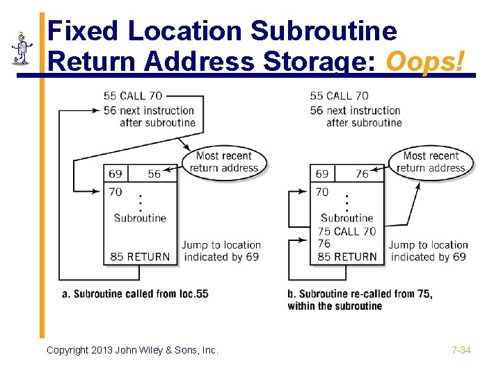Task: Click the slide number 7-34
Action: pos(461,350)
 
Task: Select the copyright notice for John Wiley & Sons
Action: pos(132,350)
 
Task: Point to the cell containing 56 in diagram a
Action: pos(154,174)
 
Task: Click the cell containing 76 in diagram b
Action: pos(362,174)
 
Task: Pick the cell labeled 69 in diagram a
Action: pos(116,174)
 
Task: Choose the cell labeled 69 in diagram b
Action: pos(322,174)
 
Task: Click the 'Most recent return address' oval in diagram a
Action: pos(224,162)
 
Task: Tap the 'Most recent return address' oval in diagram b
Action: pos(431,162)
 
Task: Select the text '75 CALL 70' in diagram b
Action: pos(347,231)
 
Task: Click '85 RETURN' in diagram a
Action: pos(140,257)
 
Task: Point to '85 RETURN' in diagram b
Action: pos(347,257)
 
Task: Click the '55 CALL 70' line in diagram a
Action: pos(133,96)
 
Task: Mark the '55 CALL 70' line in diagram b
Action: pos(340,96)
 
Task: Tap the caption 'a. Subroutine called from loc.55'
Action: pos(136,294)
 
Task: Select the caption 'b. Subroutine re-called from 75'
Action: pos(360,294)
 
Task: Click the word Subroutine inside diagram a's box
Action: pos(140,218)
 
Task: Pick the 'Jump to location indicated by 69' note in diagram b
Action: pos(428,251)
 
